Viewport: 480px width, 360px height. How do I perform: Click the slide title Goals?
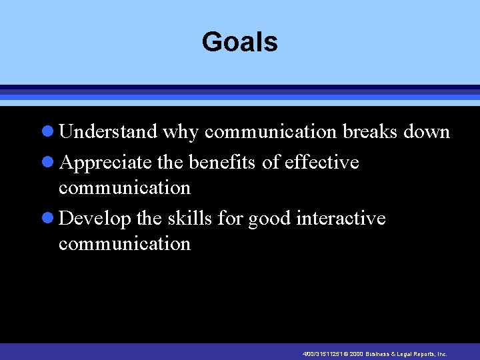239,42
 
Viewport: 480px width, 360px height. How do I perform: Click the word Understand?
108,132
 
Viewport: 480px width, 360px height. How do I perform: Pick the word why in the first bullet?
181,133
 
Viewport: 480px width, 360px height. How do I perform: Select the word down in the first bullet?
427,132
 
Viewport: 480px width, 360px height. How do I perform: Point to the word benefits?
224,162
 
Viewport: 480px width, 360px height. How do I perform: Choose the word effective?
321,162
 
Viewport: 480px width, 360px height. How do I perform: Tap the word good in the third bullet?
270,219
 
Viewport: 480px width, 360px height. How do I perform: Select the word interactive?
341,218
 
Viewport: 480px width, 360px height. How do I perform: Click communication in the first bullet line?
271,132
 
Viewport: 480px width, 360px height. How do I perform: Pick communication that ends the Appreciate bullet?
125,188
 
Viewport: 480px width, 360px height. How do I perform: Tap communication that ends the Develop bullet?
125,244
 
